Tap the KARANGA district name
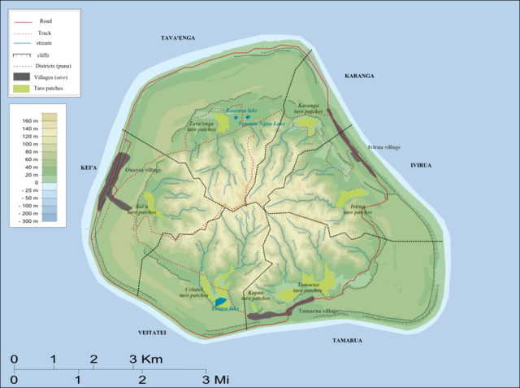pos(357,76)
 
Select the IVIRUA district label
pos(420,165)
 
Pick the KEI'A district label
pos(89,168)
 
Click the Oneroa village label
pos(144,169)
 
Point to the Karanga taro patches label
pos(308,109)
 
